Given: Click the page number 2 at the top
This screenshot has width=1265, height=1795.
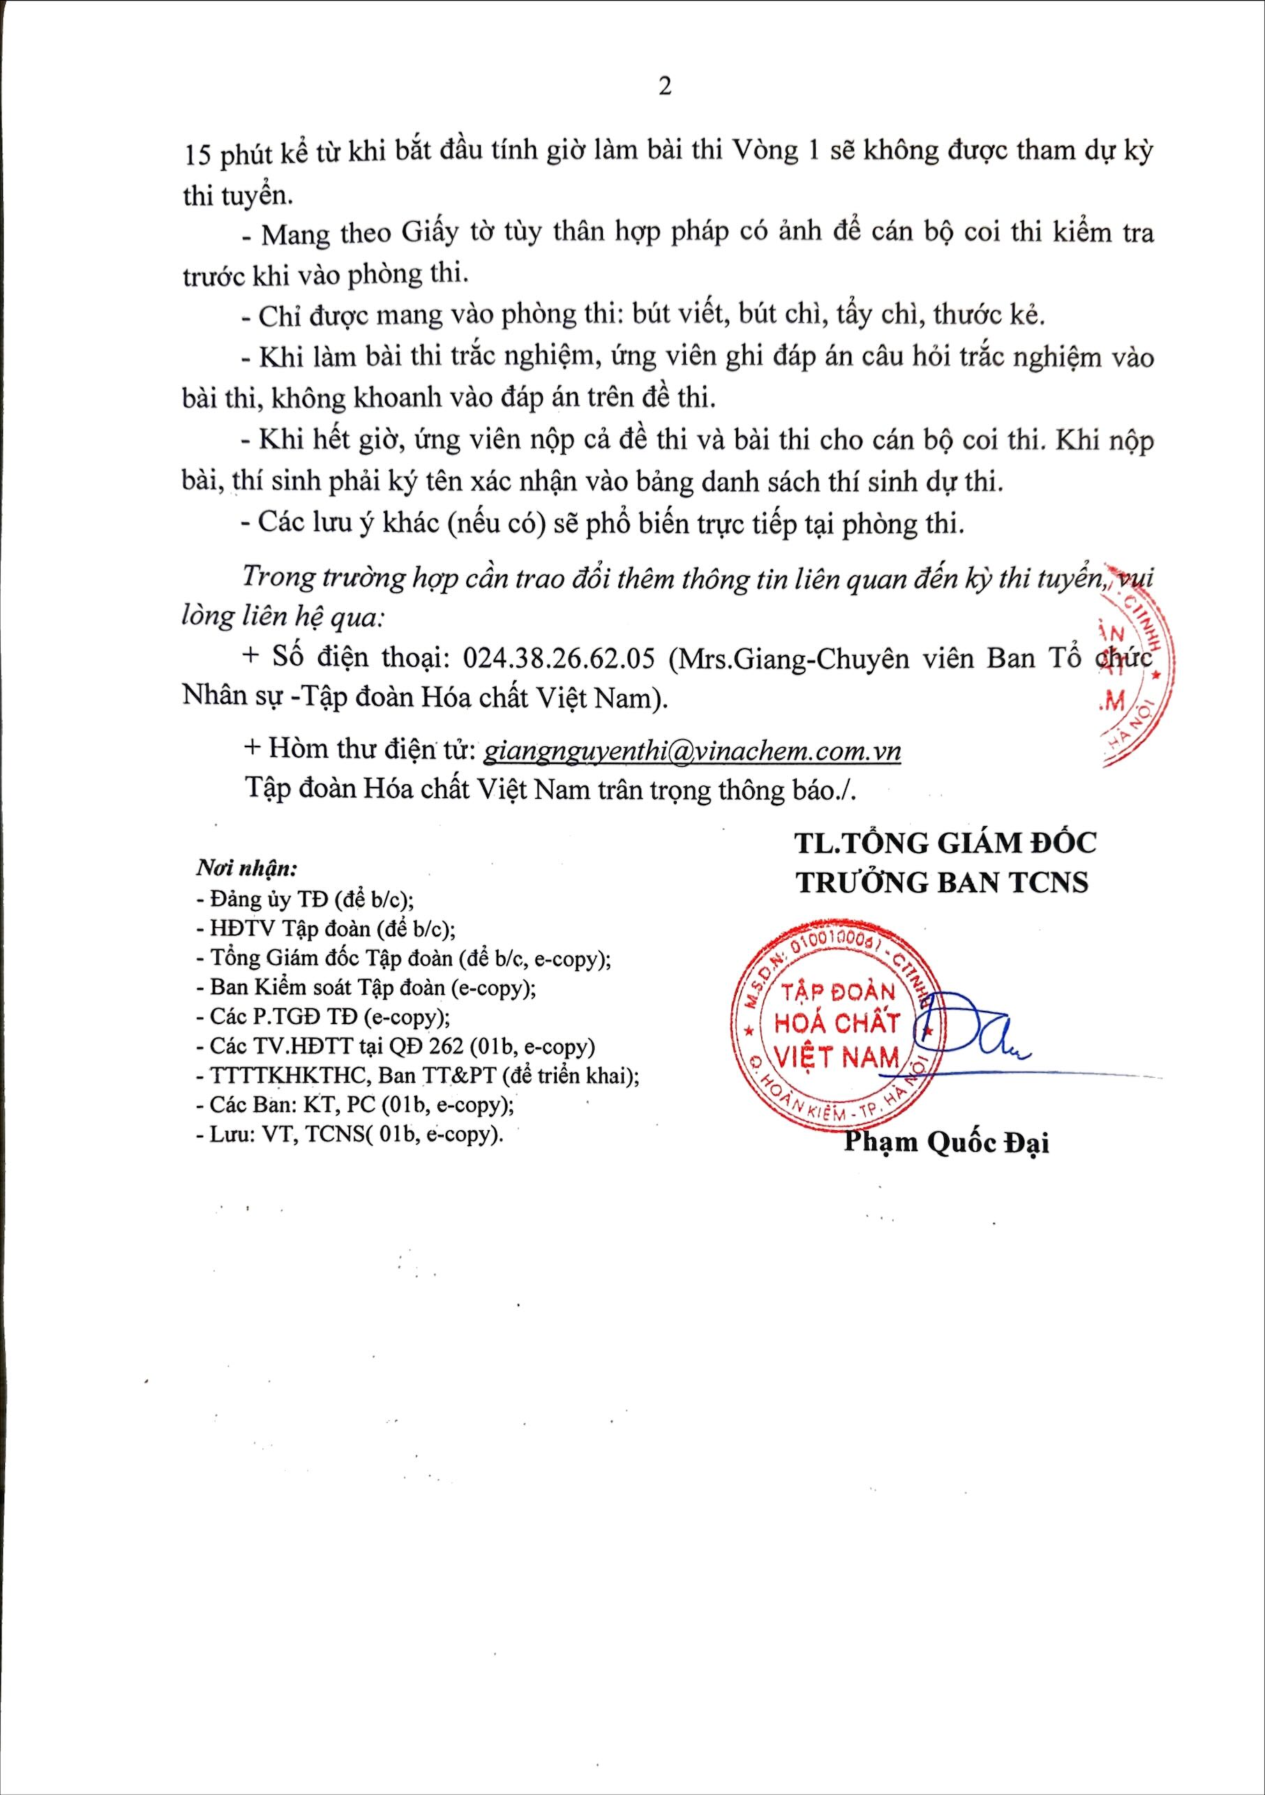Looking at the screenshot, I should pyautogui.click(x=664, y=87).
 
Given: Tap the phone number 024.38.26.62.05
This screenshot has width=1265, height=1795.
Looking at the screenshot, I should pyautogui.click(x=558, y=659).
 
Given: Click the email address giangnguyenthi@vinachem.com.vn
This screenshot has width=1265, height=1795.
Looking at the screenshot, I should pyautogui.click(x=692, y=751).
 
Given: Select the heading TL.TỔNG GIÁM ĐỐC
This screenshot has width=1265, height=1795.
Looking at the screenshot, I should pyautogui.click(x=945, y=842).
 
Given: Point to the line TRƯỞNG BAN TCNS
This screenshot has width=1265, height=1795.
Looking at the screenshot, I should pyautogui.click(x=942, y=882).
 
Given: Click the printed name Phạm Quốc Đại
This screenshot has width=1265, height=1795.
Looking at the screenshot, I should pyautogui.click(x=946, y=1142).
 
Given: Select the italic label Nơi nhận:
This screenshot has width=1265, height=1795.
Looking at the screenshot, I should pyautogui.click(x=246, y=868).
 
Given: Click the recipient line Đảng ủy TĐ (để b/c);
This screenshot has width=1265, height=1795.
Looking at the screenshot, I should pyautogui.click(x=305, y=899).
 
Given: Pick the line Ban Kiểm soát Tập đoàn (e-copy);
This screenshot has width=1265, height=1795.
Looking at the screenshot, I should pyautogui.click(x=366, y=987).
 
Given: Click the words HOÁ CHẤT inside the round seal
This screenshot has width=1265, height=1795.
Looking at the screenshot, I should pyautogui.click(x=837, y=1024).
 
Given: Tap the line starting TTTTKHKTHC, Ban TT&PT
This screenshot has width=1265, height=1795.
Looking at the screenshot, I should pyautogui.click(x=418, y=1076).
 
